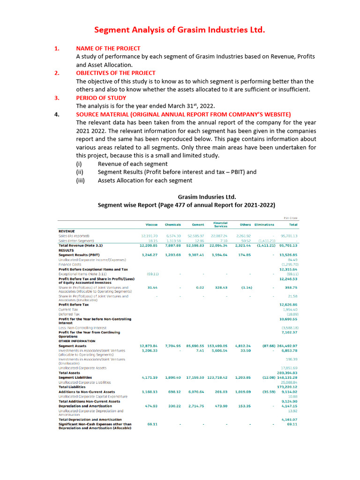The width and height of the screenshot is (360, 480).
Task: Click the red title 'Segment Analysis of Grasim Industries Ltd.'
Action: pos(180,30)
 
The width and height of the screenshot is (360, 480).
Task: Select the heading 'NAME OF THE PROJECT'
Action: pos(108,48)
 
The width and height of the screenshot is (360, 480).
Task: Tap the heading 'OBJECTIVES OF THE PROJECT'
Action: pos(116,73)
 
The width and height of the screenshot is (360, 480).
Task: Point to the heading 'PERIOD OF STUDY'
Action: pos(101,98)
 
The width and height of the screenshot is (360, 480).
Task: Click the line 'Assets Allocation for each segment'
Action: pos(145,180)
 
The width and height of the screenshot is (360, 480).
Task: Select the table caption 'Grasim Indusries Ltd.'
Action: pos(207,197)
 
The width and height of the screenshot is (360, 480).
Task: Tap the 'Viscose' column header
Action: pos(151,225)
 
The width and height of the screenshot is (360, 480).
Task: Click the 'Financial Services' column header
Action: pos(220,225)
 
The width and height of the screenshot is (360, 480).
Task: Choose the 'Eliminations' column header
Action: pos(264,225)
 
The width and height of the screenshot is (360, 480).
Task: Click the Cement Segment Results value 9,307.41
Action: pos(195,255)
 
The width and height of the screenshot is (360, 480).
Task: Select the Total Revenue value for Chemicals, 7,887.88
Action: pos(173,245)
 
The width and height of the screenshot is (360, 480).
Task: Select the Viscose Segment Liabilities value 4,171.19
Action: pos(149,377)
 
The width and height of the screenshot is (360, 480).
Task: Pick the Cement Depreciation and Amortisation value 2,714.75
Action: pos(195,405)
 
